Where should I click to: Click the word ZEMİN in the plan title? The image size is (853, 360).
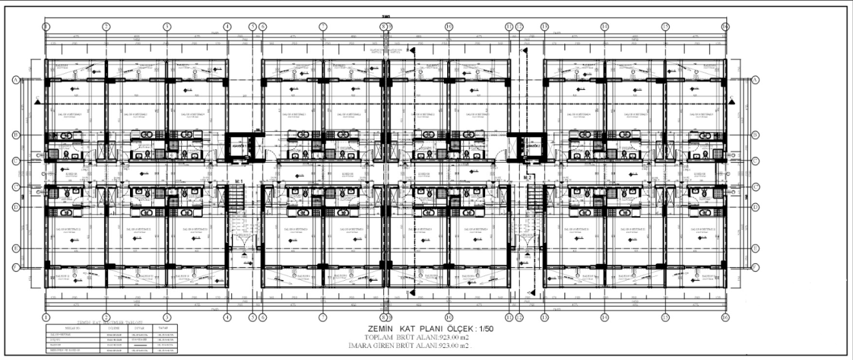tap(382, 330)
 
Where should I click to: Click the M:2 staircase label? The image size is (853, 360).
tap(526, 179)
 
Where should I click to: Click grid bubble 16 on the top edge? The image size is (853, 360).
tap(724, 27)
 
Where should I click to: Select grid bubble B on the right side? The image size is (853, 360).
tap(755, 135)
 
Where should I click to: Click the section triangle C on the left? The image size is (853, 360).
tap(37, 100)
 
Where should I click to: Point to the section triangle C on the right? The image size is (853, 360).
tap(732, 100)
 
